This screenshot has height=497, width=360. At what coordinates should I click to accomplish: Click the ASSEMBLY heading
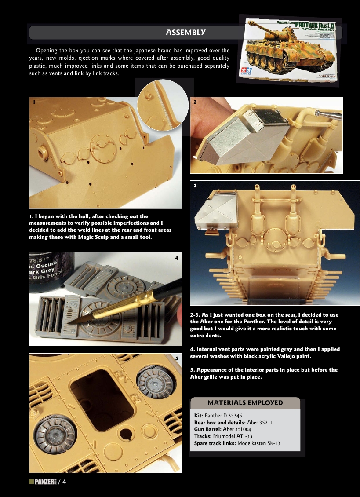click(185, 33)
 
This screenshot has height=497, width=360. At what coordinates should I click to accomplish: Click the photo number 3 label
click(195, 186)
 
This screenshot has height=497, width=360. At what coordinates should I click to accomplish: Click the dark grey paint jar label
click(48, 270)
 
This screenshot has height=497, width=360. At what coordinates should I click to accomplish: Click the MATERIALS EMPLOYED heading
click(245, 403)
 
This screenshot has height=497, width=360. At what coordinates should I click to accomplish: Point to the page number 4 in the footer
click(64, 482)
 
